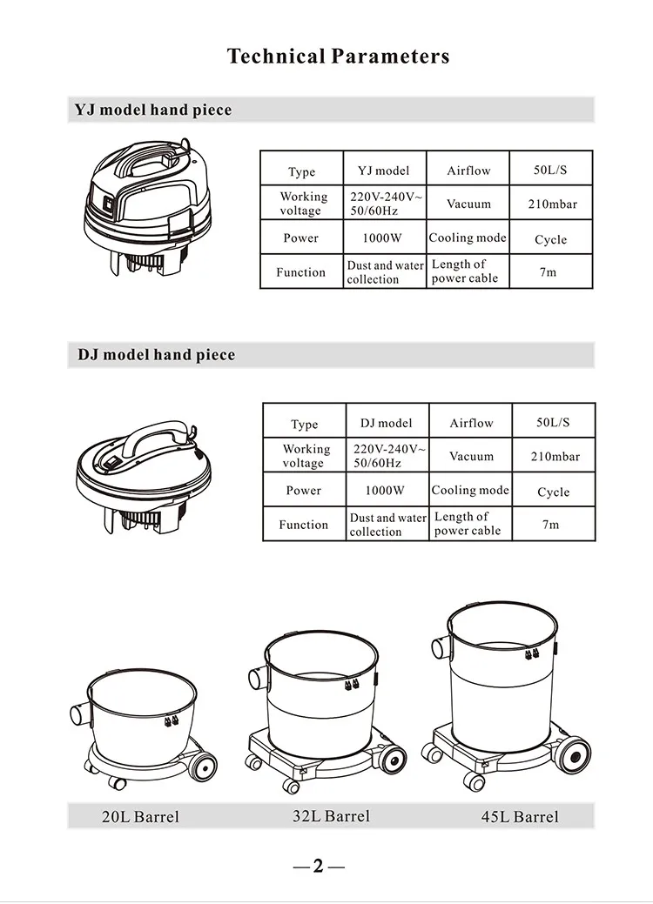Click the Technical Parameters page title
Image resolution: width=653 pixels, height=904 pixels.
(x=338, y=57)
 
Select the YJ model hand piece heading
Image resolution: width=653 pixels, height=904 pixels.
(x=153, y=110)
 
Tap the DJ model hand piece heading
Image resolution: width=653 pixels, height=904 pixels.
(x=157, y=355)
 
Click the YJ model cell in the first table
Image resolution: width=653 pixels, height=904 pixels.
(x=384, y=171)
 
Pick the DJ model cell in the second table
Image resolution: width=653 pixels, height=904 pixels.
(x=387, y=423)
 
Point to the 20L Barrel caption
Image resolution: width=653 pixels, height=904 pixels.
(x=140, y=816)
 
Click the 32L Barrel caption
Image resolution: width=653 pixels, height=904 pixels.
(x=331, y=816)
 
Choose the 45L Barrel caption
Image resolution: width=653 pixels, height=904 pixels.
(x=520, y=816)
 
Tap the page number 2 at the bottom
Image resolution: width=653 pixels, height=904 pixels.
(x=319, y=866)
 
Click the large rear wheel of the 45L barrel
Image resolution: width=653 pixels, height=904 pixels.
(x=573, y=754)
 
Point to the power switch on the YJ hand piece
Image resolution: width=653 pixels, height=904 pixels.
(x=107, y=204)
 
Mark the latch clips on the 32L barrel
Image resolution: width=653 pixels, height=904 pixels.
(x=350, y=686)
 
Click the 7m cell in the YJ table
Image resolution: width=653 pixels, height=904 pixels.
(x=548, y=272)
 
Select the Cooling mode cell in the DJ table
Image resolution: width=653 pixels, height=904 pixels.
(x=470, y=490)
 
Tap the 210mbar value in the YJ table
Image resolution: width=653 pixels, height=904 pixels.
(x=553, y=204)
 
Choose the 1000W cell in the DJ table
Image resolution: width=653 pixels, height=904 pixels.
(x=385, y=491)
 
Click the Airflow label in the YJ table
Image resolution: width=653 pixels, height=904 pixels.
(x=469, y=171)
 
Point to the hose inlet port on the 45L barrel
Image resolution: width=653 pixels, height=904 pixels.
(x=441, y=648)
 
